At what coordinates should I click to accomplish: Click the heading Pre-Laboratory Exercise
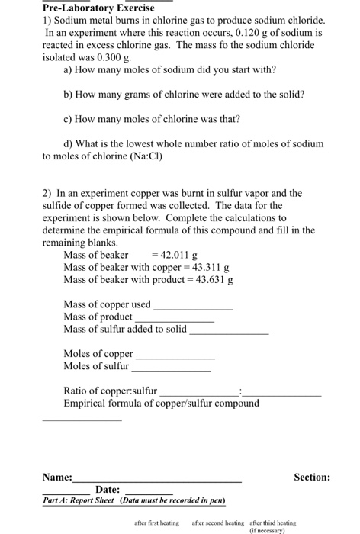pos(98,8)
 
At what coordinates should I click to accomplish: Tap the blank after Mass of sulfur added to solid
pos(229,333)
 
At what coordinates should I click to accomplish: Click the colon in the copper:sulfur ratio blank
pos(240,391)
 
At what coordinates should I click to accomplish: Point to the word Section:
pos(312,477)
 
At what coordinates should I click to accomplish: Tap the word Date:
pos(108,489)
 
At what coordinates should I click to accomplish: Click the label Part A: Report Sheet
pos(76,500)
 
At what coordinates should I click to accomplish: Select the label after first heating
pos(156,523)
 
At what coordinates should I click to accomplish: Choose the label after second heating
pos(217,523)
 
